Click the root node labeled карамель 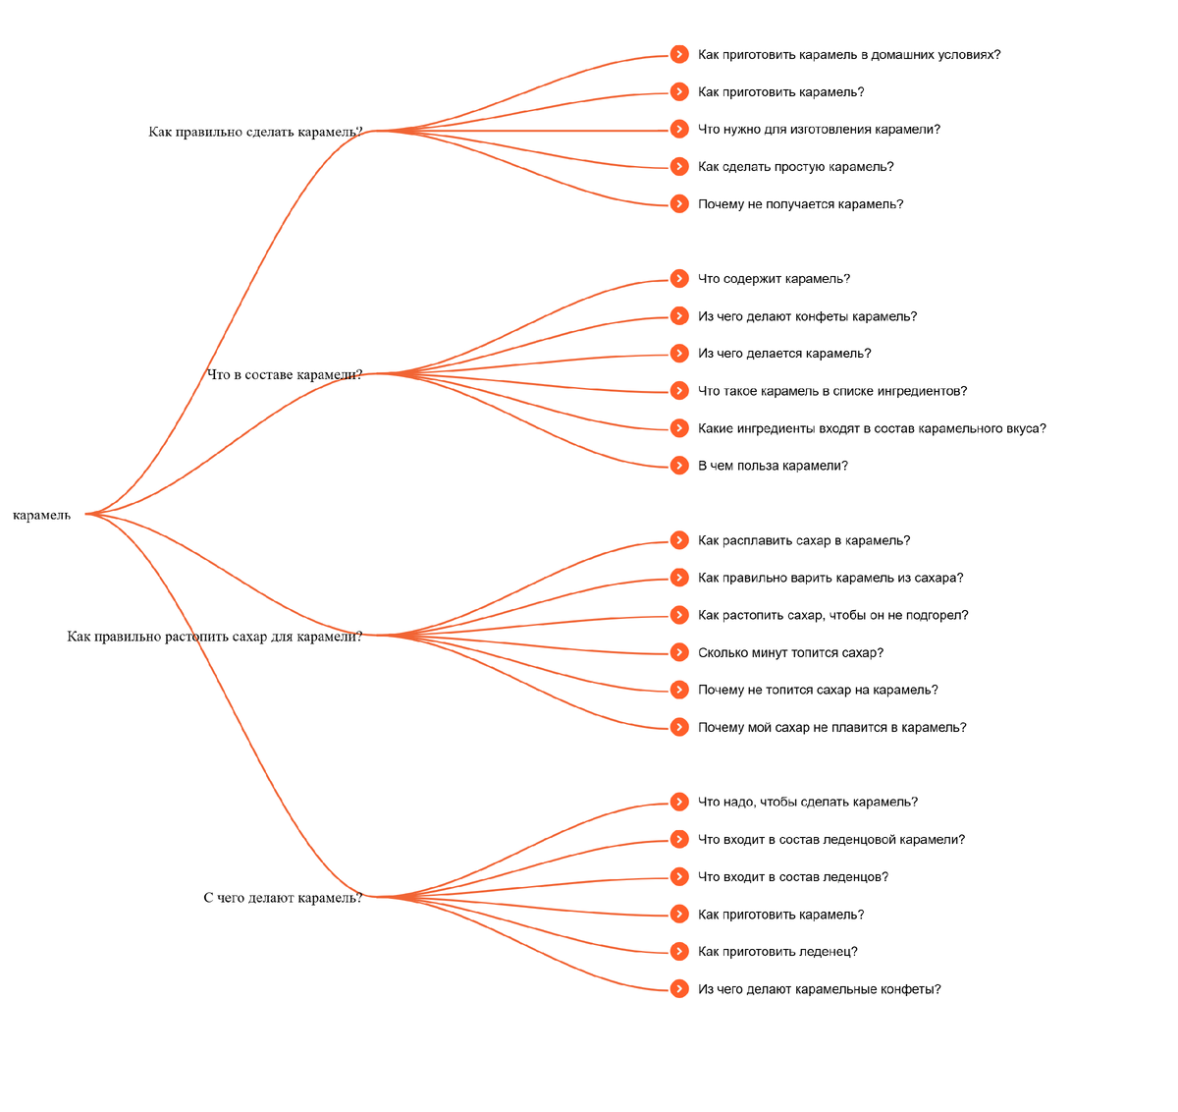point(42,515)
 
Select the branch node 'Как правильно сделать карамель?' point(255,132)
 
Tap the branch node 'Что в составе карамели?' point(285,374)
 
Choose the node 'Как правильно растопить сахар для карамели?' point(215,637)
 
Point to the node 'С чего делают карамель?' point(283,898)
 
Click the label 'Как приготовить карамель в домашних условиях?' point(849,55)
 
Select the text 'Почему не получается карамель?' point(800,204)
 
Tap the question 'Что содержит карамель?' point(774,279)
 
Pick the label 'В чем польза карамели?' point(773,466)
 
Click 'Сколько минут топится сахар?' point(790,652)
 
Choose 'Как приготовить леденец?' point(777,951)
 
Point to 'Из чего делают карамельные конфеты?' point(819,989)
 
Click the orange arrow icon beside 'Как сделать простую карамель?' point(679,167)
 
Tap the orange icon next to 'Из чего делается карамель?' point(679,354)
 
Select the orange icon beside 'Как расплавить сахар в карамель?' point(679,540)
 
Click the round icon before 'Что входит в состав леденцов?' point(679,876)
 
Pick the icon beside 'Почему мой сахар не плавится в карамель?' point(679,727)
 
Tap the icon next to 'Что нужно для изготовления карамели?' point(679,130)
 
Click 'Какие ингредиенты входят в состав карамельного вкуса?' point(872,428)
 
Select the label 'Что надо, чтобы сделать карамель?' point(808,802)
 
